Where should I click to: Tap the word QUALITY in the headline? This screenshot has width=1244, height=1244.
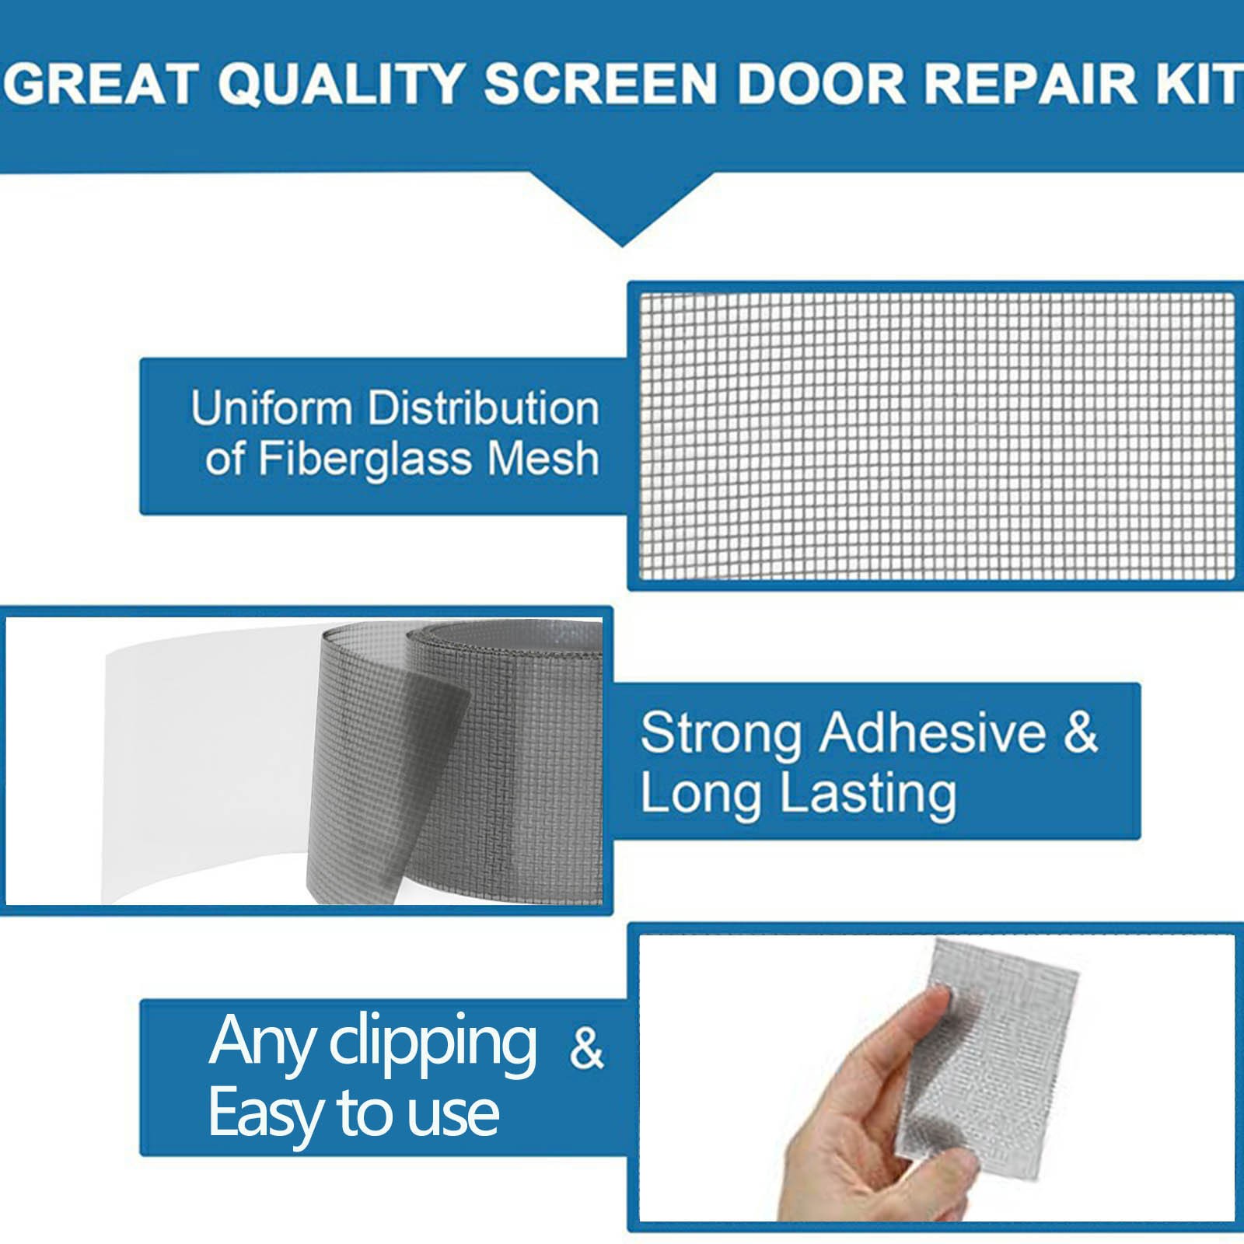pyautogui.click(x=341, y=84)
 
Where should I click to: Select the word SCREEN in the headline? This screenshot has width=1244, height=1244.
pyautogui.click(x=599, y=84)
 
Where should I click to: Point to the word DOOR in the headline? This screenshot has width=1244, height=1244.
pyautogui.click(x=821, y=84)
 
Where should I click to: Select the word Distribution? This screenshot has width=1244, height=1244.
pyautogui.click(x=483, y=408)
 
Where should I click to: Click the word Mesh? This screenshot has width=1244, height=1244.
pyautogui.click(x=543, y=458)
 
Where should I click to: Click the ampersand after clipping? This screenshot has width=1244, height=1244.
pyautogui.click(x=586, y=1048)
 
